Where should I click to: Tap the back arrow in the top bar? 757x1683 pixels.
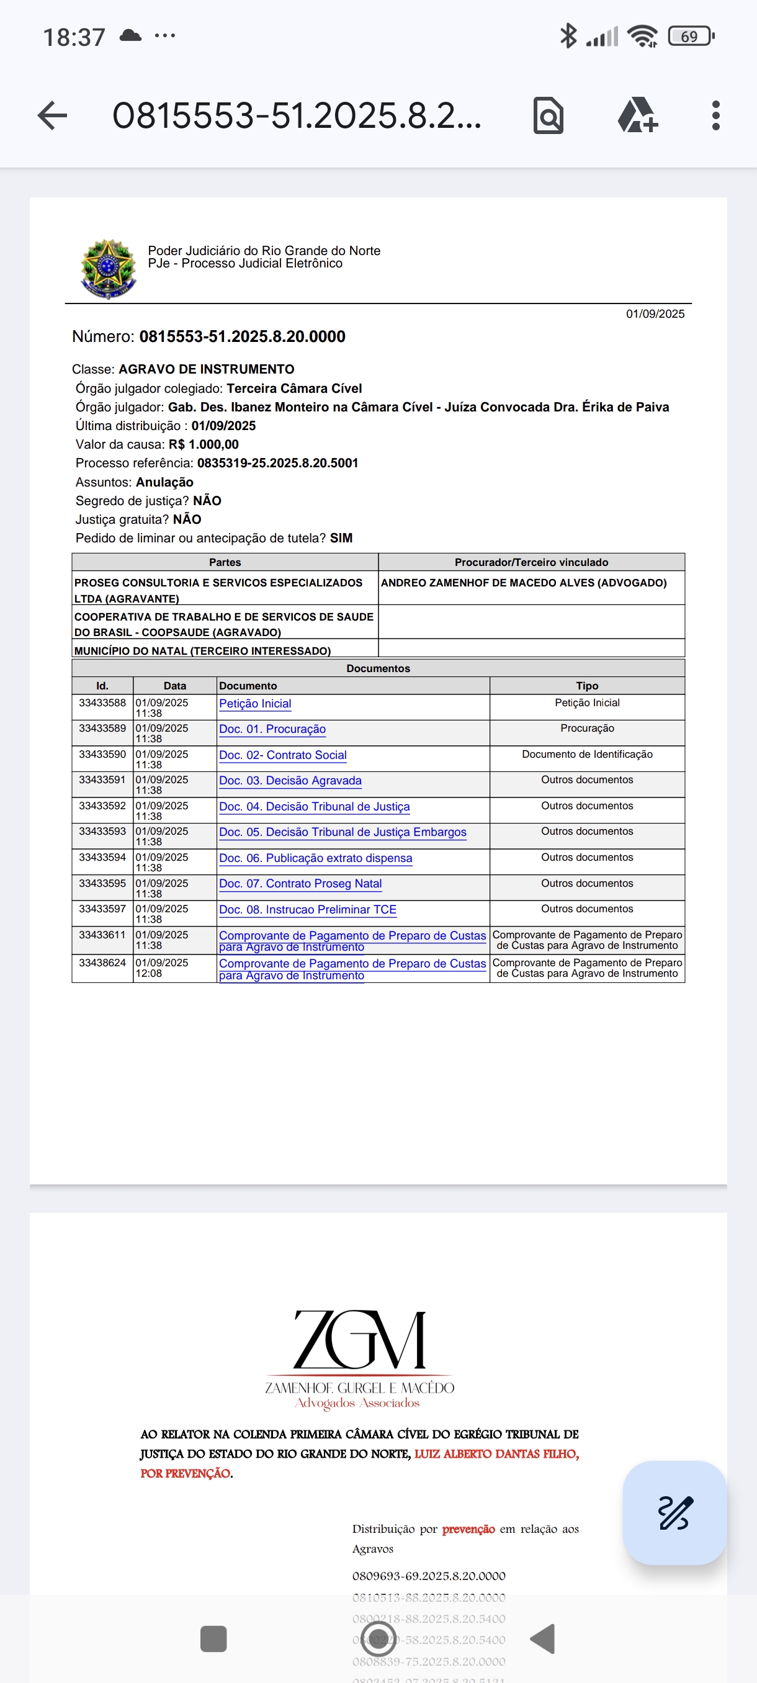pyautogui.click(x=52, y=115)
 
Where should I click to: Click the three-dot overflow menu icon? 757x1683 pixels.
pyautogui.click(x=716, y=115)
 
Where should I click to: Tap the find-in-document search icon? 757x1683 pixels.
pyautogui.click(x=548, y=115)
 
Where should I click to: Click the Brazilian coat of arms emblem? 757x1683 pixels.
pyautogui.click(x=108, y=269)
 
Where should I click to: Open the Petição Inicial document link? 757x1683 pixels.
pyautogui.click(x=255, y=704)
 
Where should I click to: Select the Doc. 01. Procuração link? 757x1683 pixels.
pyautogui.click(x=272, y=729)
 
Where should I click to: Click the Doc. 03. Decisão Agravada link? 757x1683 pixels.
pyautogui.click(x=290, y=781)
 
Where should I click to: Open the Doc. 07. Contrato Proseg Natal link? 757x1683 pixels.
pyautogui.click(x=300, y=883)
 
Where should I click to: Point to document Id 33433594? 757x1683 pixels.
pyautogui.click(x=102, y=857)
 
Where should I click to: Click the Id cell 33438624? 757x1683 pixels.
pyautogui.click(x=102, y=963)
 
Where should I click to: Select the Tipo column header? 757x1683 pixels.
pyautogui.click(x=586, y=685)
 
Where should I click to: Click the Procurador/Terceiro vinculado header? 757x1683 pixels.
pyautogui.click(x=531, y=562)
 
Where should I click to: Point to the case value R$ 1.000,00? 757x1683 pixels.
pyautogui.click(x=203, y=444)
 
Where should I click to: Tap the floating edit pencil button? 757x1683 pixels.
pyautogui.click(x=674, y=1512)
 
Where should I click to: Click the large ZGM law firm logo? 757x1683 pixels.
pyautogui.click(x=359, y=1340)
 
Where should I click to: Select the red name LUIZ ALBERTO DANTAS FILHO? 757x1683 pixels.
pyautogui.click(x=496, y=1453)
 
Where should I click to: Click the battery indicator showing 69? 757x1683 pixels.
pyautogui.click(x=691, y=37)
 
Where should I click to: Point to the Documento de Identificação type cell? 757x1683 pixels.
pyautogui.click(x=586, y=755)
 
